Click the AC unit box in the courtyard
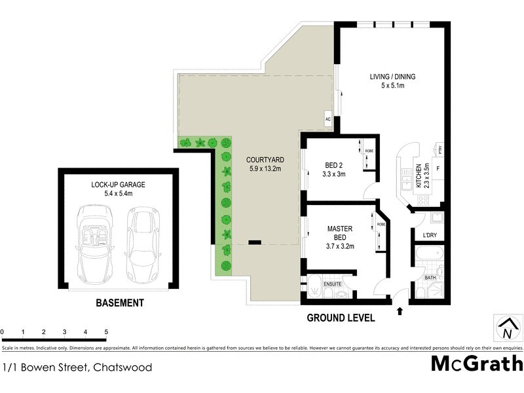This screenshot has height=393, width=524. pyautogui.click(x=328, y=120)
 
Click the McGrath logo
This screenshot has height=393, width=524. pyautogui.click(x=476, y=364)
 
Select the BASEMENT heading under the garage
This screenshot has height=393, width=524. pyautogui.click(x=119, y=303)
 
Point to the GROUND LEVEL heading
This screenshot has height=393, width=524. pyautogui.click(x=341, y=318)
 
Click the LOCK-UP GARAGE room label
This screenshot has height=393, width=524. pyautogui.click(x=118, y=189)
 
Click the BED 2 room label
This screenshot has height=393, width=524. pyautogui.click(x=335, y=170)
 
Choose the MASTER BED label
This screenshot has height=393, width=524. pyautogui.click(x=340, y=237)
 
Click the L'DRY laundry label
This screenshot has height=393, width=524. pyautogui.click(x=430, y=235)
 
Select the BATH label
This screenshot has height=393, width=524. pyautogui.click(x=430, y=278)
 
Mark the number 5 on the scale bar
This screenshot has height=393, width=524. pyautogui.click(x=105, y=332)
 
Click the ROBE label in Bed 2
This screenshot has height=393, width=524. pyautogui.click(x=369, y=151)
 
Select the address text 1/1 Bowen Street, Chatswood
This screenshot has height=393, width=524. pyautogui.click(x=77, y=367)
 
